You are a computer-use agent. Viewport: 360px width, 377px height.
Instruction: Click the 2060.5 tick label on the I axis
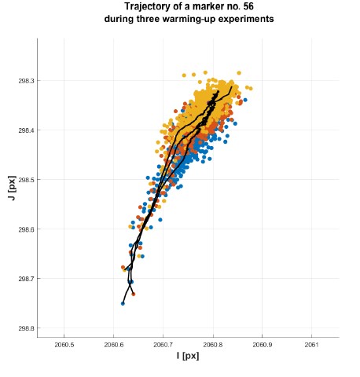pos(64,345)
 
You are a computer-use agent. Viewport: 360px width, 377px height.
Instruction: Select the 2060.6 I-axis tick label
pos(113,345)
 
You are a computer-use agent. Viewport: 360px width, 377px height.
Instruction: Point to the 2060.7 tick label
pos(163,345)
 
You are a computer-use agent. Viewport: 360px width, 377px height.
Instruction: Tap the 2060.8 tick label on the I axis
pos(213,345)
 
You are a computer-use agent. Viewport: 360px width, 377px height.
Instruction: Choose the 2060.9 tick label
pos(263,345)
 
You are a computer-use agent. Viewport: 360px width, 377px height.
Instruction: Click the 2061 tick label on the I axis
pos(311,345)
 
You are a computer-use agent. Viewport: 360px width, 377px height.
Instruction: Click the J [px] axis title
pos(12,188)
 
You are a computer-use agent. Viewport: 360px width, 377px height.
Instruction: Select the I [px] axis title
pos(188,356)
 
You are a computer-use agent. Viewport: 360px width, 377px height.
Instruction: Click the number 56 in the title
pos(248,6)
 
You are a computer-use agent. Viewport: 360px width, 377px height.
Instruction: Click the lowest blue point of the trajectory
pos(123,303)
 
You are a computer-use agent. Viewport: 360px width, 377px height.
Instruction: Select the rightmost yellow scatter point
pos(251,89)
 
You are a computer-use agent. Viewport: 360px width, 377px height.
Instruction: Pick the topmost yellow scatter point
pos(205,72)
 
